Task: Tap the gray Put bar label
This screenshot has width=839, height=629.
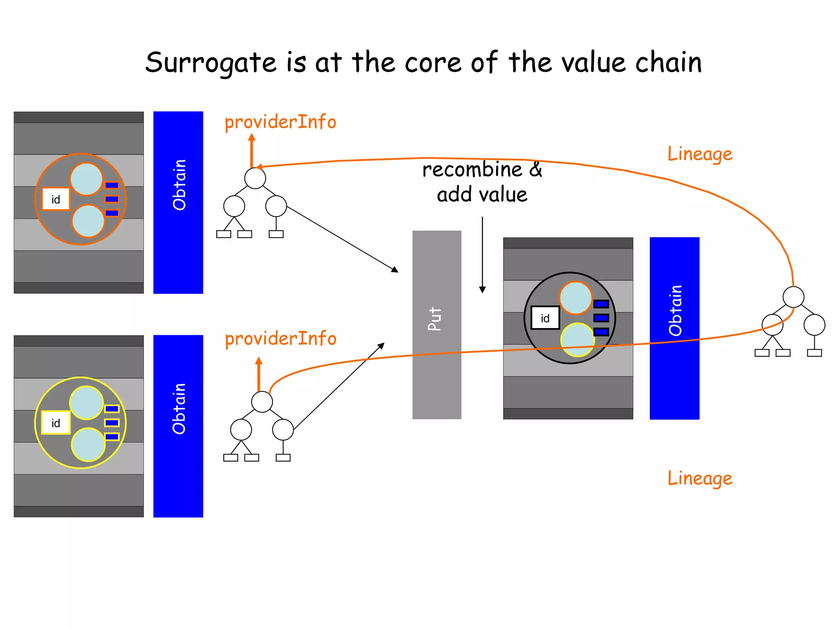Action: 435,319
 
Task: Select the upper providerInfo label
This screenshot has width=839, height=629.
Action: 280,122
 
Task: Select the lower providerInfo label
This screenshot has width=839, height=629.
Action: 280,339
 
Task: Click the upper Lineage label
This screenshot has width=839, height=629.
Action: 700,154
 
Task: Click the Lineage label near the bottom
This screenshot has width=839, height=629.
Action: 700,478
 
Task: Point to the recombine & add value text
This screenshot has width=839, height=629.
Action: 482,182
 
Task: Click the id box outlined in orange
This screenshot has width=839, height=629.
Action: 56,199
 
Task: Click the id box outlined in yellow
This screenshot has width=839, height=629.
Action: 56,423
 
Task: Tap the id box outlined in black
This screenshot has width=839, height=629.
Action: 545,318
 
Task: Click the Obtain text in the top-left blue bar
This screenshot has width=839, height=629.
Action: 179,185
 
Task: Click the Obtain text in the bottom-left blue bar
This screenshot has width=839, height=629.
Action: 179,409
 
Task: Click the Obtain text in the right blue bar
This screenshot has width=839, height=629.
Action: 675,310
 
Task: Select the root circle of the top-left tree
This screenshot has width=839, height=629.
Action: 255,178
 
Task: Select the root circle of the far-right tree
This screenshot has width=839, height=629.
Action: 793,297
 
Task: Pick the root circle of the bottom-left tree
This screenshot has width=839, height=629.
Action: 262,402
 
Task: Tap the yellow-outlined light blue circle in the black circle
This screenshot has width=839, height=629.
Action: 577,339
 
